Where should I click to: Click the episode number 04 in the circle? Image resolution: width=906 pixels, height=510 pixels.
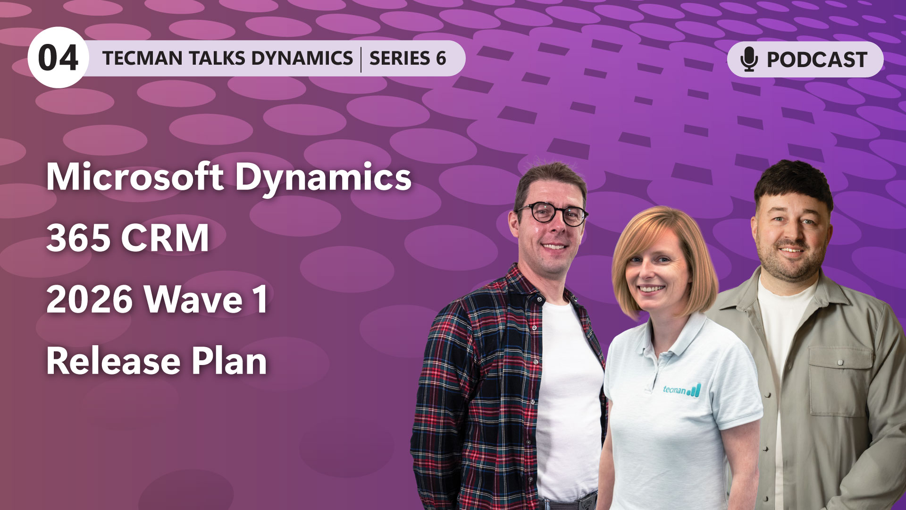click(58, 58)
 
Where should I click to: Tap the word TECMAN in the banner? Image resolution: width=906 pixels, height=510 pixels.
click(142, 58)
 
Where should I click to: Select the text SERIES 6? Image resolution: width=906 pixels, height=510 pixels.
click(408, 58)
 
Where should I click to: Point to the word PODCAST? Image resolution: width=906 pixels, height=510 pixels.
click(817, 59)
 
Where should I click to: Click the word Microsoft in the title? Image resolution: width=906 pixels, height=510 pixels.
click(134, 177)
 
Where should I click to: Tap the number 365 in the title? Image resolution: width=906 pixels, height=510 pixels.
click(78, 238)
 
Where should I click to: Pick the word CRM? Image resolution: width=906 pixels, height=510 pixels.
click(165, 238)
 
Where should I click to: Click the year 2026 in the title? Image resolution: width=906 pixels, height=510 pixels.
click(89, 299)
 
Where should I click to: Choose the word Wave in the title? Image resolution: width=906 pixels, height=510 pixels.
click(193, 299)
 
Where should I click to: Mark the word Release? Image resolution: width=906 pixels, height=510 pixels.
click(113, 361)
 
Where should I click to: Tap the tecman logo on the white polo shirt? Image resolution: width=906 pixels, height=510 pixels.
click(681, 390)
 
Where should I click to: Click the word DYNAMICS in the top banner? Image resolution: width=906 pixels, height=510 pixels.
click(302, 58)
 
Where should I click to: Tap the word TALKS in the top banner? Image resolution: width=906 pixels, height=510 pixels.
click(217, 58)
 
